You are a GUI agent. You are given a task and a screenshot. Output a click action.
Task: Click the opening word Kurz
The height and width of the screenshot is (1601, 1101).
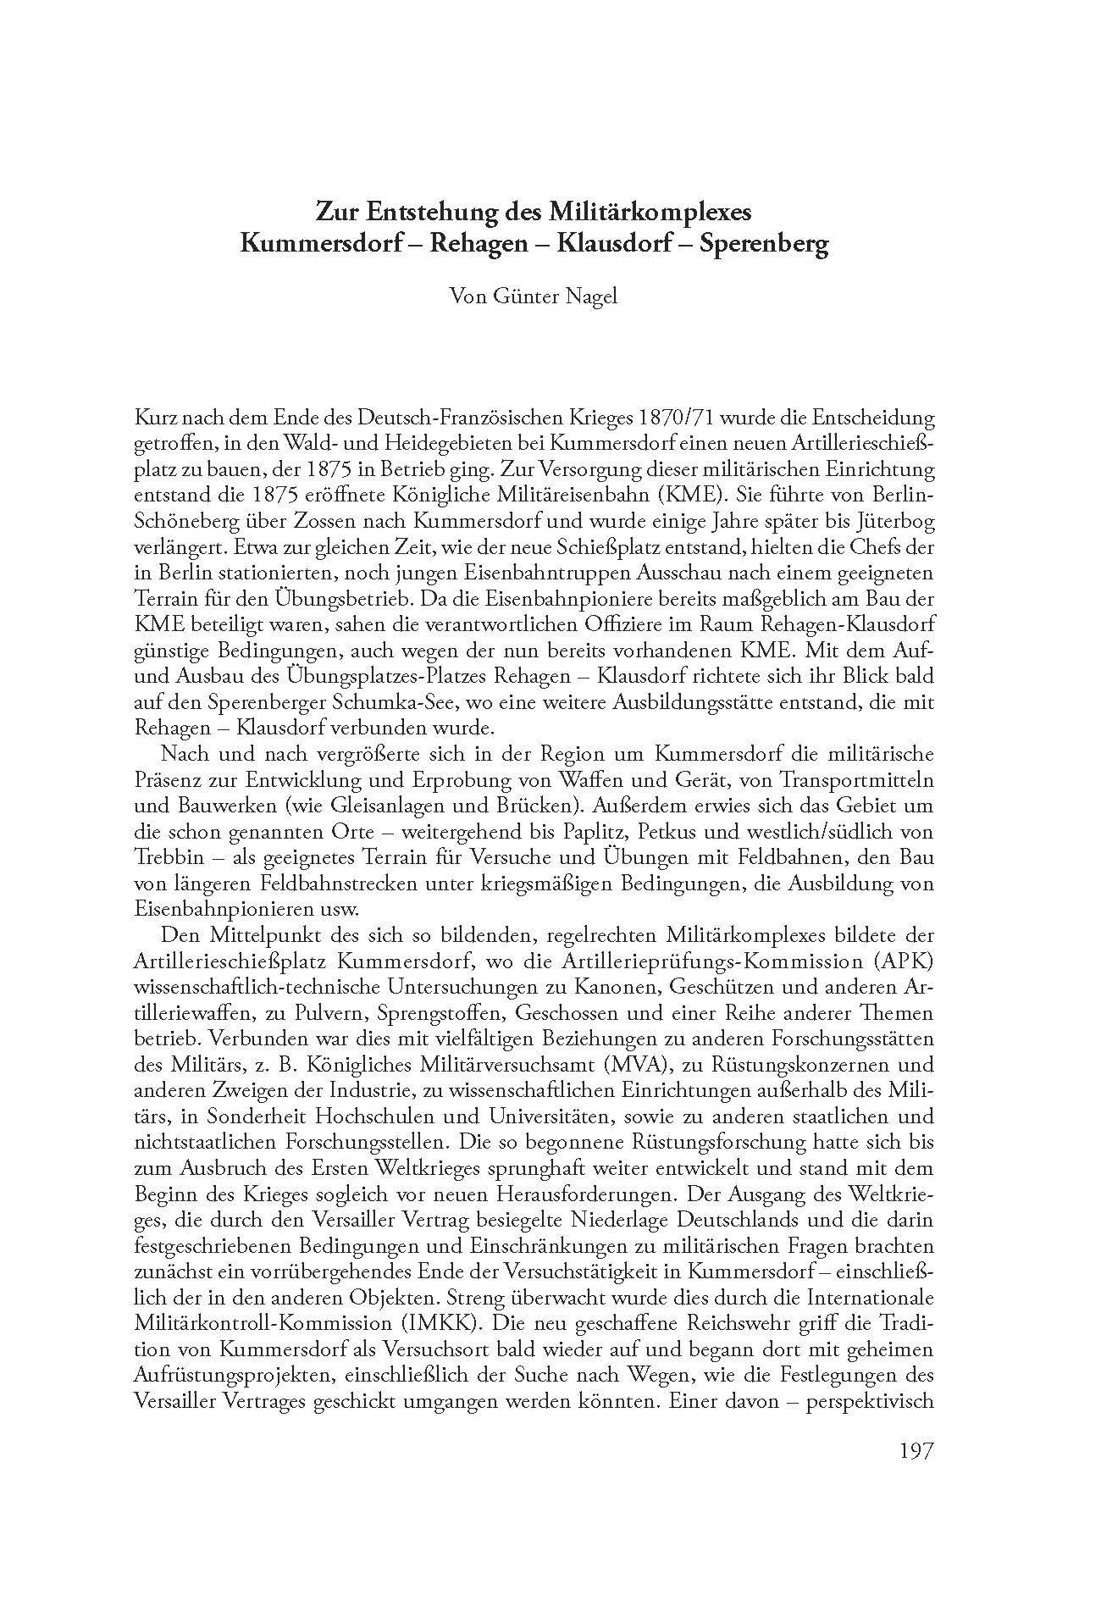point(155,419)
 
